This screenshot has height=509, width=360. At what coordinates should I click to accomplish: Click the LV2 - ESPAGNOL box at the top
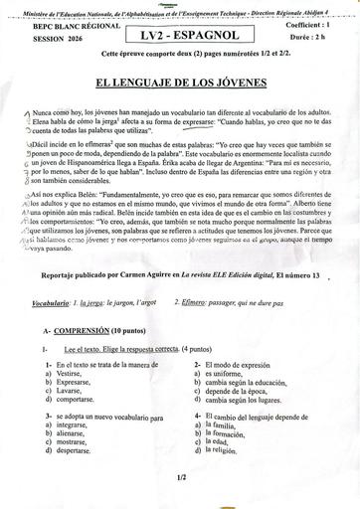point(182,35)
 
